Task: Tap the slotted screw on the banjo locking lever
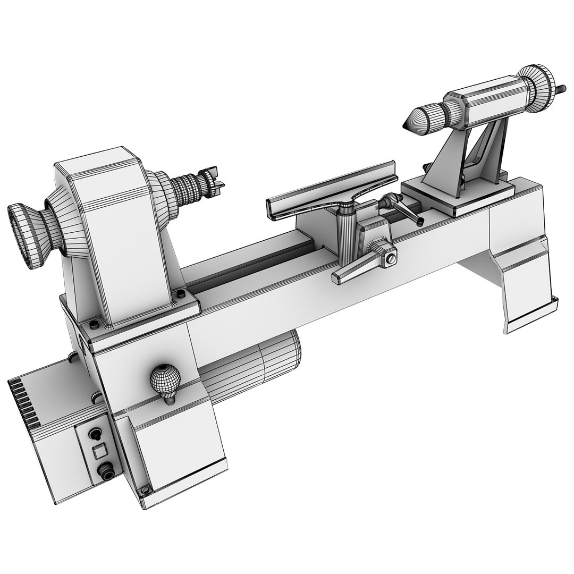392,259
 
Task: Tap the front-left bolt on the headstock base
95,325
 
